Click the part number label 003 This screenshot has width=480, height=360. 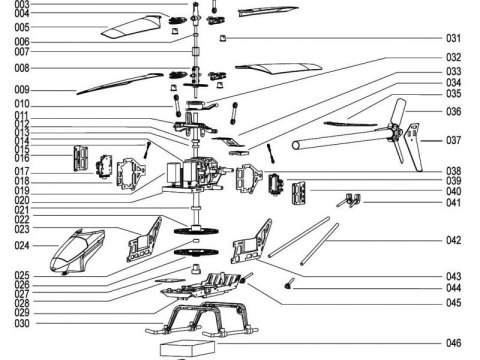21,5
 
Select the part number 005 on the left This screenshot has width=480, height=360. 21,27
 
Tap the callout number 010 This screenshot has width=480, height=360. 21,104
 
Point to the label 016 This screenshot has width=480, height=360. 21,158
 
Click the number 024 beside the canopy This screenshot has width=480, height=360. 21,245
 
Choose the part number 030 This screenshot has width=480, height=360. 21,323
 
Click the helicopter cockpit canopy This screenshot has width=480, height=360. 80,250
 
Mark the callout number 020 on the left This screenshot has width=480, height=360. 21,200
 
